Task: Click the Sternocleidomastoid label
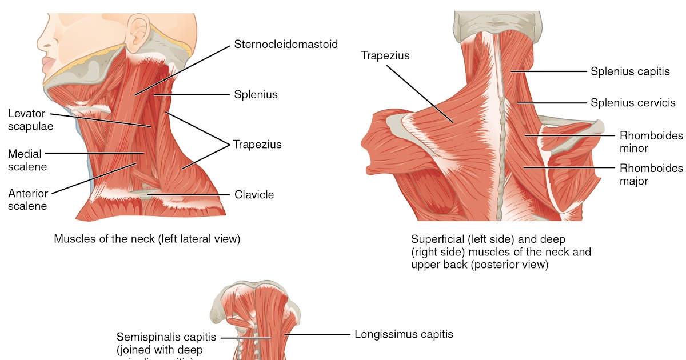pos(285,44)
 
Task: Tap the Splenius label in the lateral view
pos(256,94)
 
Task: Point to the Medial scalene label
pos(27,160)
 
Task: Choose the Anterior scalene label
pos(28,200)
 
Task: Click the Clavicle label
pos(254,195)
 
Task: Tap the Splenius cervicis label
pos(633,103)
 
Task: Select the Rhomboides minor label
pos(651,142)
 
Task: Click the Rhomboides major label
pos(651,174)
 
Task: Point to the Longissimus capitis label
pos(404,334)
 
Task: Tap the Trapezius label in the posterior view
pos(385,55)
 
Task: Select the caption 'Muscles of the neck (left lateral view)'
pos(147,239)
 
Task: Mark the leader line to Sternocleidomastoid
pos(183,69)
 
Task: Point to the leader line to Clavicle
pos(189,195)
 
